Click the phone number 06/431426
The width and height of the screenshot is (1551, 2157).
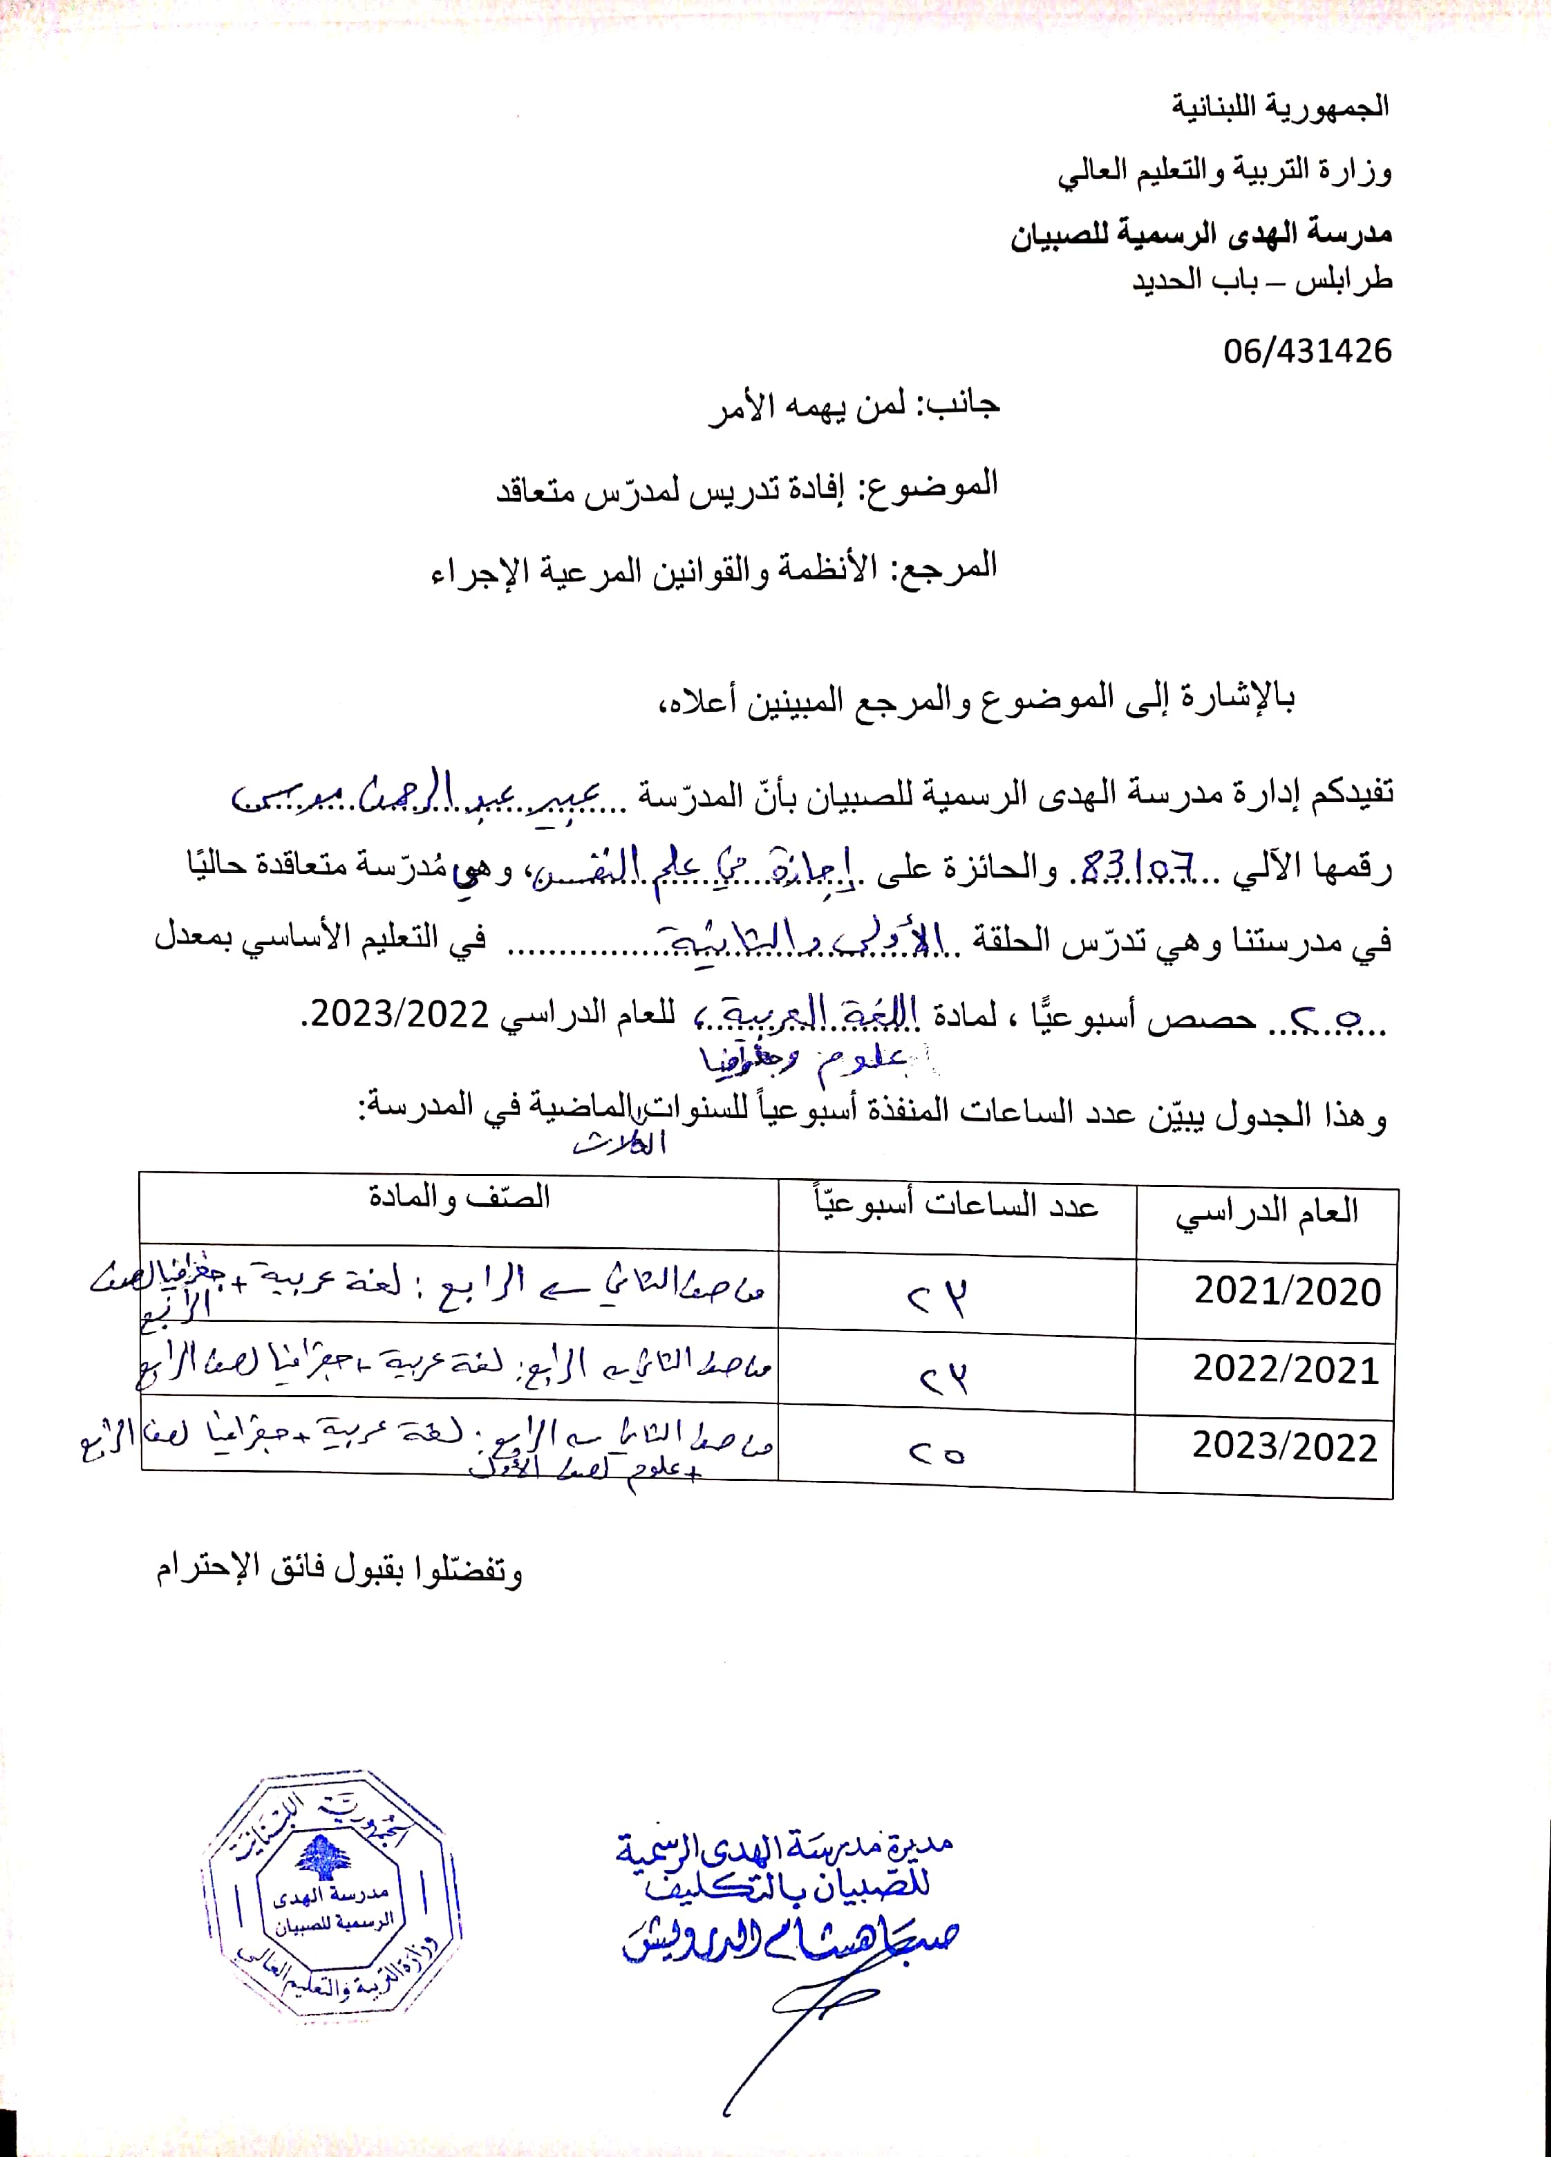[1306, 351]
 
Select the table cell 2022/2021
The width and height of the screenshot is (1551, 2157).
[1286, 1370]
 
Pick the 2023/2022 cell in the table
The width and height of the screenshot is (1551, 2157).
[1285, 1446]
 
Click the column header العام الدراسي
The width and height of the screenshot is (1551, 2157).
[1266, 1213]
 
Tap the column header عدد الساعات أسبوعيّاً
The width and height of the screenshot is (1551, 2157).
[956, 1205]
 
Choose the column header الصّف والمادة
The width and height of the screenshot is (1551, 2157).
[460, 1197]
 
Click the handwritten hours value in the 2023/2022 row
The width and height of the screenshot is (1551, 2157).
[937, 1453]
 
